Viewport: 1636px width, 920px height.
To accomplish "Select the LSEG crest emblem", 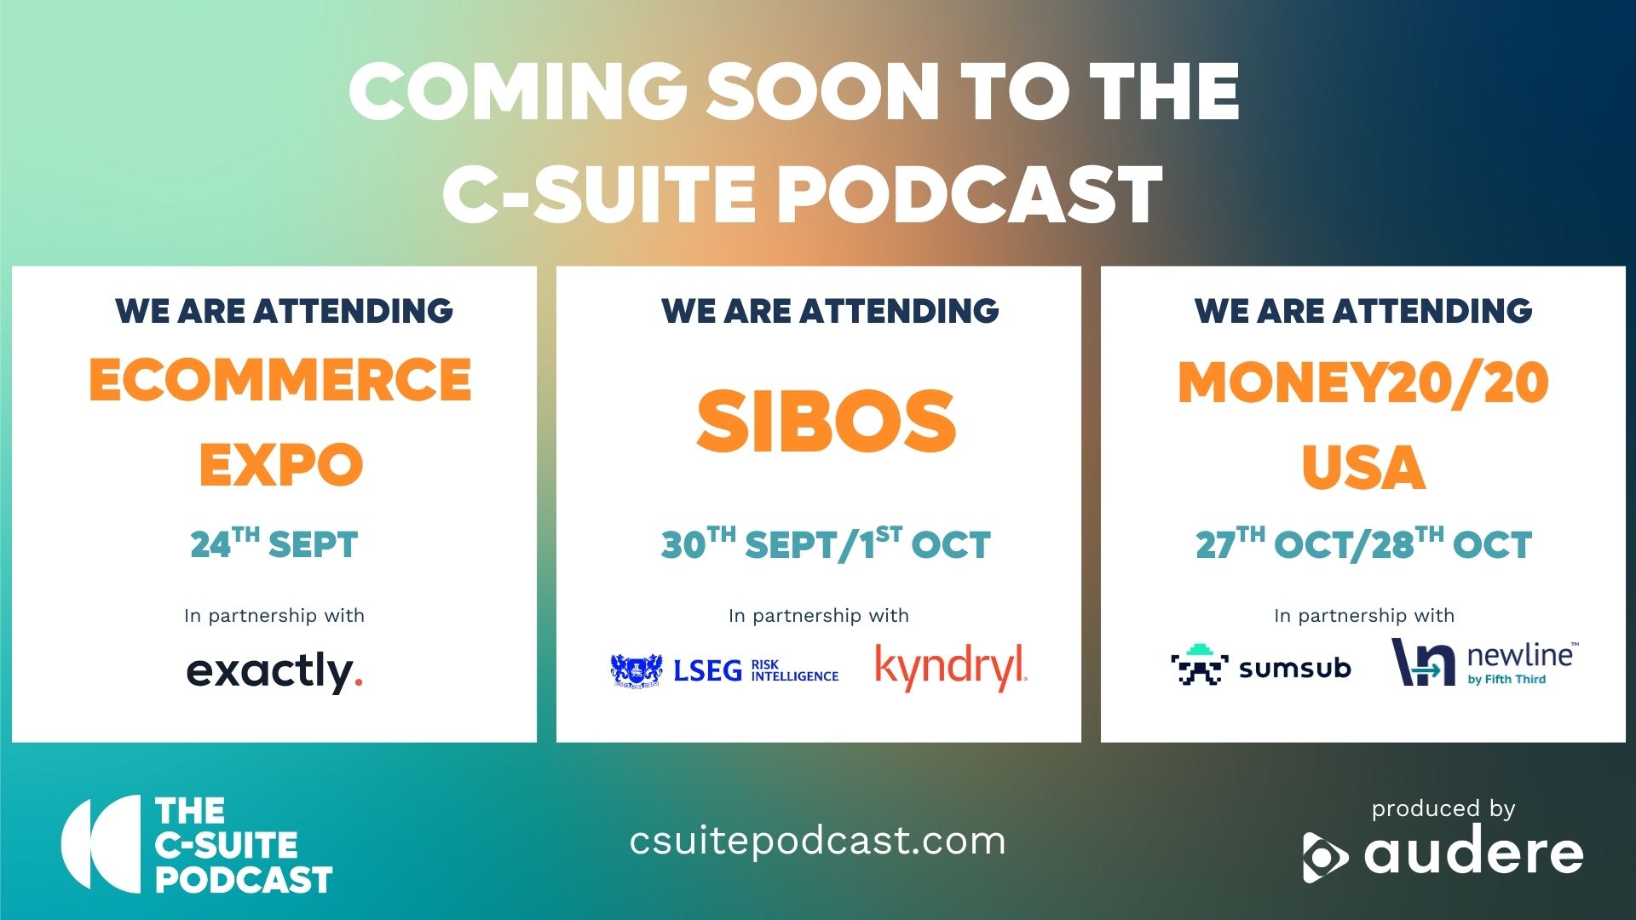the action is click(637, 670).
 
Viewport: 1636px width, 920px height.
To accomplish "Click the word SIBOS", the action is click(826, 421).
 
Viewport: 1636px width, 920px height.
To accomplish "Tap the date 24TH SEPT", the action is click(274, 543).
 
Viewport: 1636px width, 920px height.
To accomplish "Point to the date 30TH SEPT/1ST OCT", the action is click(826, 543).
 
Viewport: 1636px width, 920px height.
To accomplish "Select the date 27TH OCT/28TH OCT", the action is click(1363, 543).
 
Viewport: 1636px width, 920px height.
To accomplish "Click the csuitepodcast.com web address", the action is click(818, 841).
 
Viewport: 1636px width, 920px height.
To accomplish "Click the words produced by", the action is click(1443, 808).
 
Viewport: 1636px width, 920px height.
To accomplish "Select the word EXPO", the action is click(281, 465).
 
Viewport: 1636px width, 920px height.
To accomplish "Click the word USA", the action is click(1363, 468).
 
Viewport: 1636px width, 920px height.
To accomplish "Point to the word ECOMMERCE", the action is click(280, 380).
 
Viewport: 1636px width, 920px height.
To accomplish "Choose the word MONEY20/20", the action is click(1363, 382).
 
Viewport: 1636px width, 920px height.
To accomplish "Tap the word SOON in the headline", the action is click(823, 91).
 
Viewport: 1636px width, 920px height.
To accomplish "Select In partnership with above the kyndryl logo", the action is click(819, 616).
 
